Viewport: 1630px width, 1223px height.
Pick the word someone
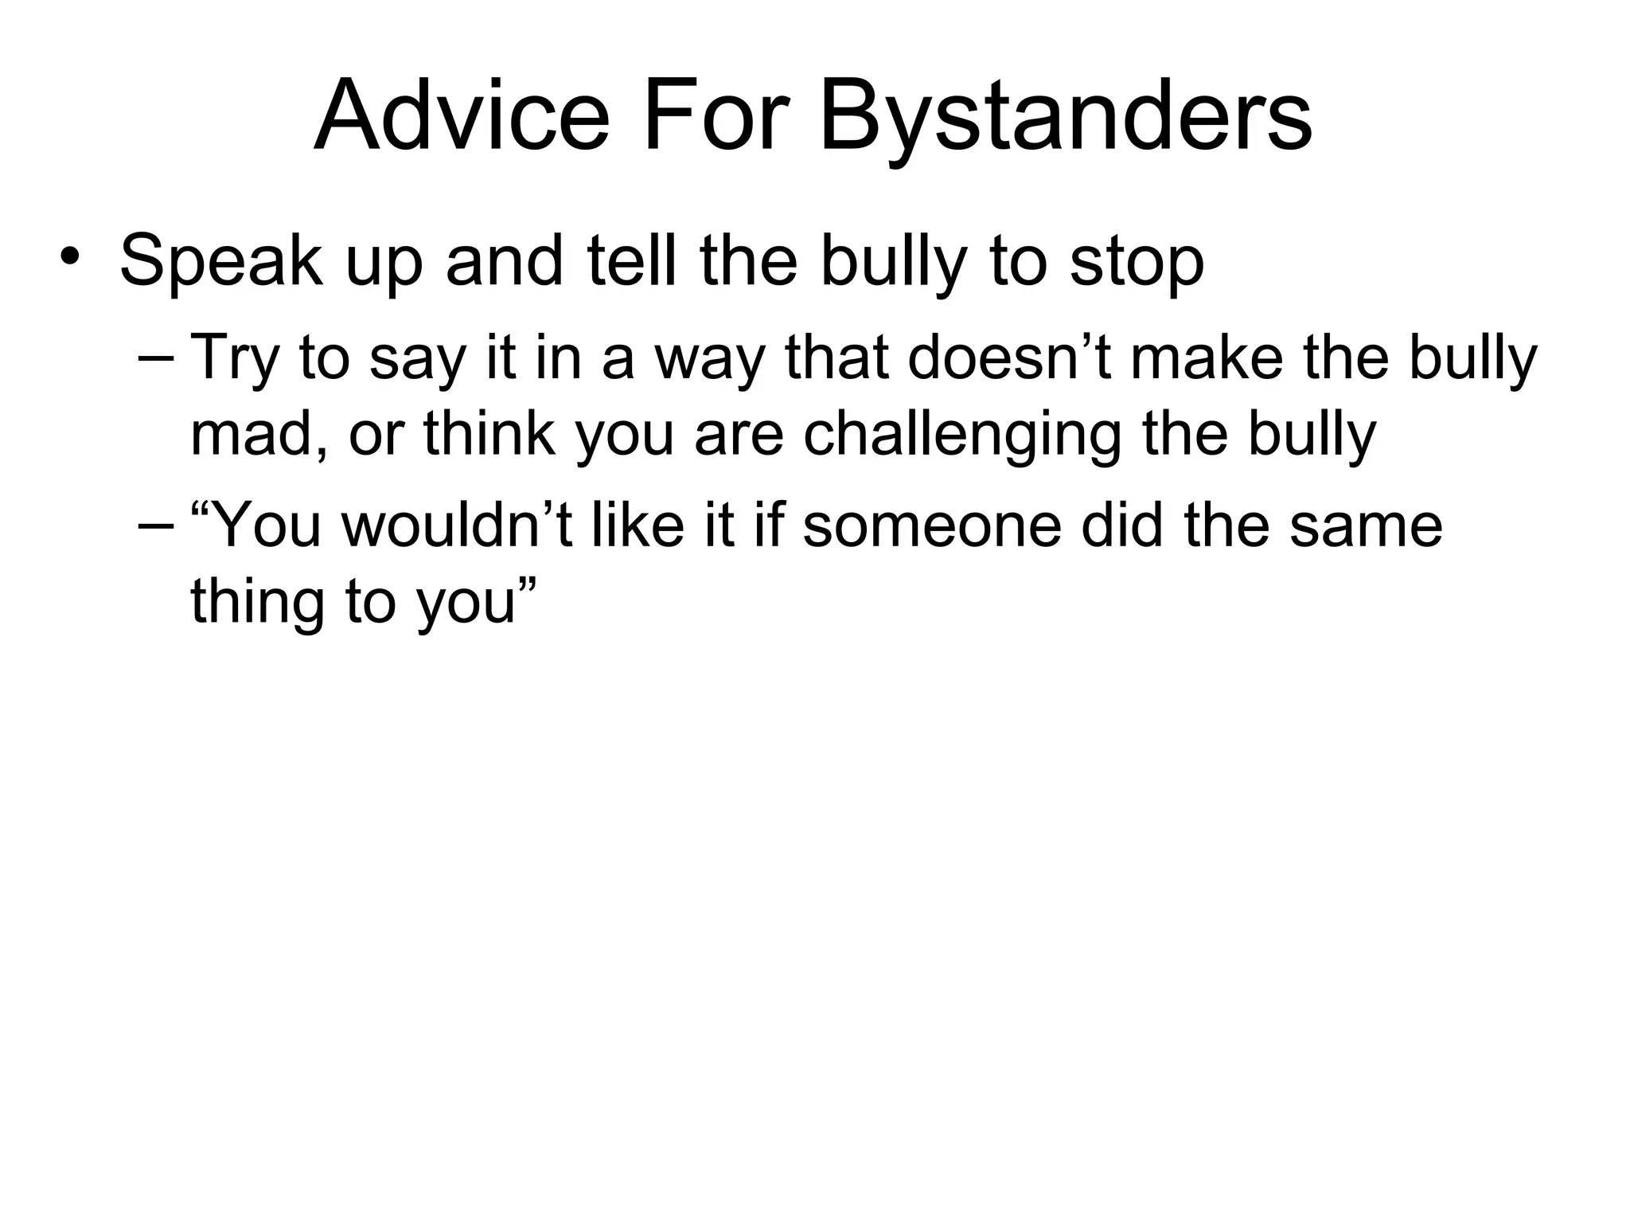click(x=932, y=525)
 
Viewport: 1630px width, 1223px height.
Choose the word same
click(x=1366, y=525)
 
